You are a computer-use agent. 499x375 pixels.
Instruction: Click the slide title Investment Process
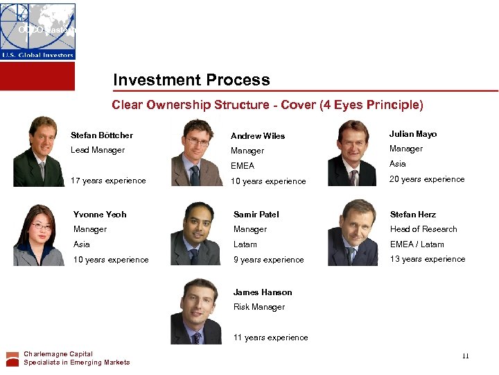(191, 80)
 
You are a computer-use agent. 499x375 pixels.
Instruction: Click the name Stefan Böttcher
(102, 135)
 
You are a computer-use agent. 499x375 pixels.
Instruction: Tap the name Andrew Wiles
(258, 136)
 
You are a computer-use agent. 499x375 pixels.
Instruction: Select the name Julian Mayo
(413, 134)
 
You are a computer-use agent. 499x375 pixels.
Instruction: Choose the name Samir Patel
(257, 215)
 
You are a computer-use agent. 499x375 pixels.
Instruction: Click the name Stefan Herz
(413, 215)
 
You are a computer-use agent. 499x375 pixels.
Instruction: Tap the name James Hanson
(263, 292)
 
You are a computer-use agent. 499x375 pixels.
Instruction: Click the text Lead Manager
(98, 150)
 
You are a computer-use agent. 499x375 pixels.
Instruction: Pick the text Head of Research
(423, 229)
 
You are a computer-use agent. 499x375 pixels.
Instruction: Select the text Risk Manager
(259, 307)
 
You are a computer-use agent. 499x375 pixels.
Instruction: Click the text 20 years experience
(427, 179)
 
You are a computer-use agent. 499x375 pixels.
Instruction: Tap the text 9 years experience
(268, 260)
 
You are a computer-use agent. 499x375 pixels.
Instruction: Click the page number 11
(465, 356)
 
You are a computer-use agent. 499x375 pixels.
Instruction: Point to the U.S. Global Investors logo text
(37, 53)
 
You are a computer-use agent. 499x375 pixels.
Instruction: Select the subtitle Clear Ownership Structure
(267, 105)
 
